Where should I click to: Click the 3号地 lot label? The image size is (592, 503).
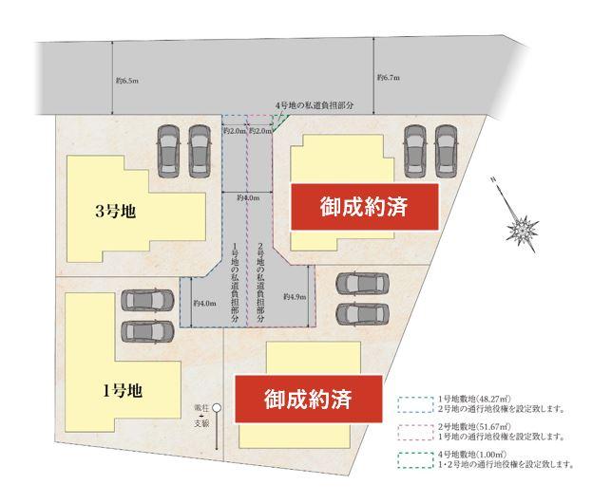pos(116,212)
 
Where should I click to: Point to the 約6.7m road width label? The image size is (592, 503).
pos(388,78)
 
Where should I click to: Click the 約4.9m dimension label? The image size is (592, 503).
pos(295,297)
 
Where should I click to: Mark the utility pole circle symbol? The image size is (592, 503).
pos(217,409)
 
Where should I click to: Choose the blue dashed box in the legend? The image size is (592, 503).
pos(414,403)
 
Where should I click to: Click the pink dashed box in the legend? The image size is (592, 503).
pos(414,432)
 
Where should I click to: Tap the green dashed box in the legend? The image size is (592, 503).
pos(414,460)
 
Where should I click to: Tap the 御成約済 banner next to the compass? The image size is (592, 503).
pos(364,207)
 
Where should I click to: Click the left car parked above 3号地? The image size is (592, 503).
pos(168,147)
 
